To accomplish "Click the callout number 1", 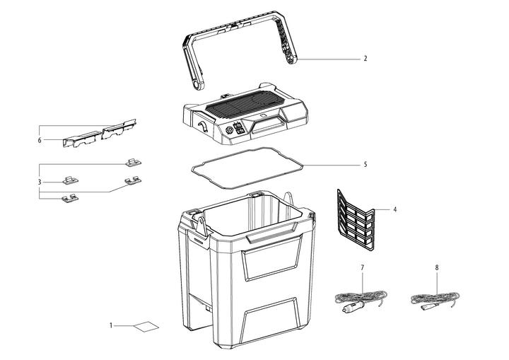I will [x=111, y=325].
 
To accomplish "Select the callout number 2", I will [x=365, y=59].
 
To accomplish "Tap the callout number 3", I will [x=40, y=182].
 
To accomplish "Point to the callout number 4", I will [x=395, y=209].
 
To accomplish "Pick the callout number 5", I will [x=365, y=165].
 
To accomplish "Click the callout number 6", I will [x=40, y=140].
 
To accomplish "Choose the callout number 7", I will [x=362, y=269].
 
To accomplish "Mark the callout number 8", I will [x=437, y=269].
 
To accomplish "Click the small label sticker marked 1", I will [x=148, y=326].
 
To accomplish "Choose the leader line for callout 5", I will [x=332, y=165].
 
